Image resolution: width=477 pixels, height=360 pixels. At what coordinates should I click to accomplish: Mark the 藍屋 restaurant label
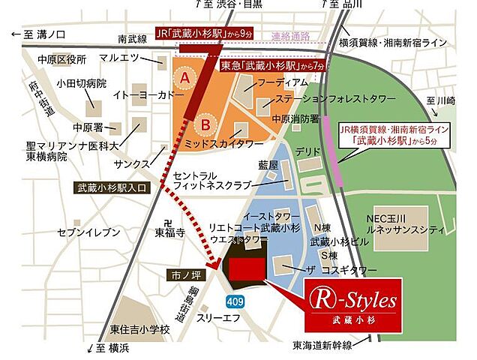(x=268, y=164)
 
